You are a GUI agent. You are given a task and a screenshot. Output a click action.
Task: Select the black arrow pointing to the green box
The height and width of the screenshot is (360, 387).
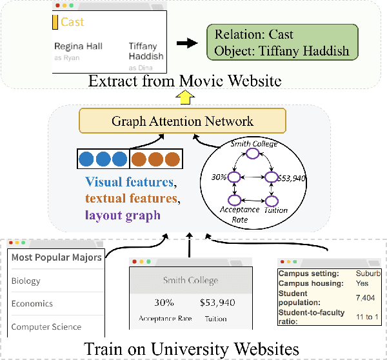click(188, 43)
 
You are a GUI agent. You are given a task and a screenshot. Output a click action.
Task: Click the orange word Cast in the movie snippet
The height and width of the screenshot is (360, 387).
click(72, 22)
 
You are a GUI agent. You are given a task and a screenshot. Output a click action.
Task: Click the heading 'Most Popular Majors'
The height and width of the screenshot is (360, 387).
click(56, 257)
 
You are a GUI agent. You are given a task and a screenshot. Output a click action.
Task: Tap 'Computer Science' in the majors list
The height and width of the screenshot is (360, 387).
click(46, 326)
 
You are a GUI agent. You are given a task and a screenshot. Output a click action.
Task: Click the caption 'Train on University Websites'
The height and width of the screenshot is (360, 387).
click(191, 348)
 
